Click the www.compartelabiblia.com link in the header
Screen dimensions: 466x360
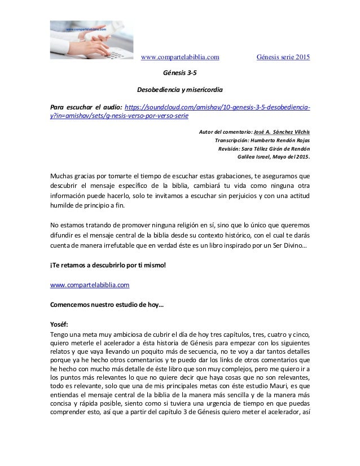pos(179,57)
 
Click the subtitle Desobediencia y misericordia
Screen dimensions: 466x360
pos(179,90)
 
